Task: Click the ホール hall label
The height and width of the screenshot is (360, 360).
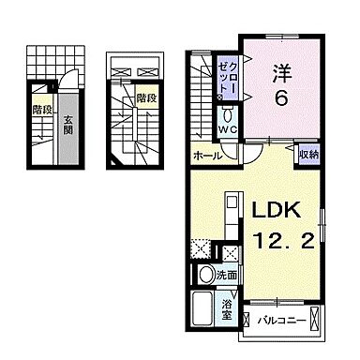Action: (x=206, y=156)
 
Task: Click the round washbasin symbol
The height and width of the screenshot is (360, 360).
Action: (x=206, y=276)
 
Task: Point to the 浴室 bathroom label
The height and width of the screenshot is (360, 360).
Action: (x=228, y=307)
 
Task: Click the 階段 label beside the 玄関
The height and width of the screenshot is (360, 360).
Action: (x=41, y=109)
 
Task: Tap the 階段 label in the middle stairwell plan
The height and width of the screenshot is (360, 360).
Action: (x=145, y=97)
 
